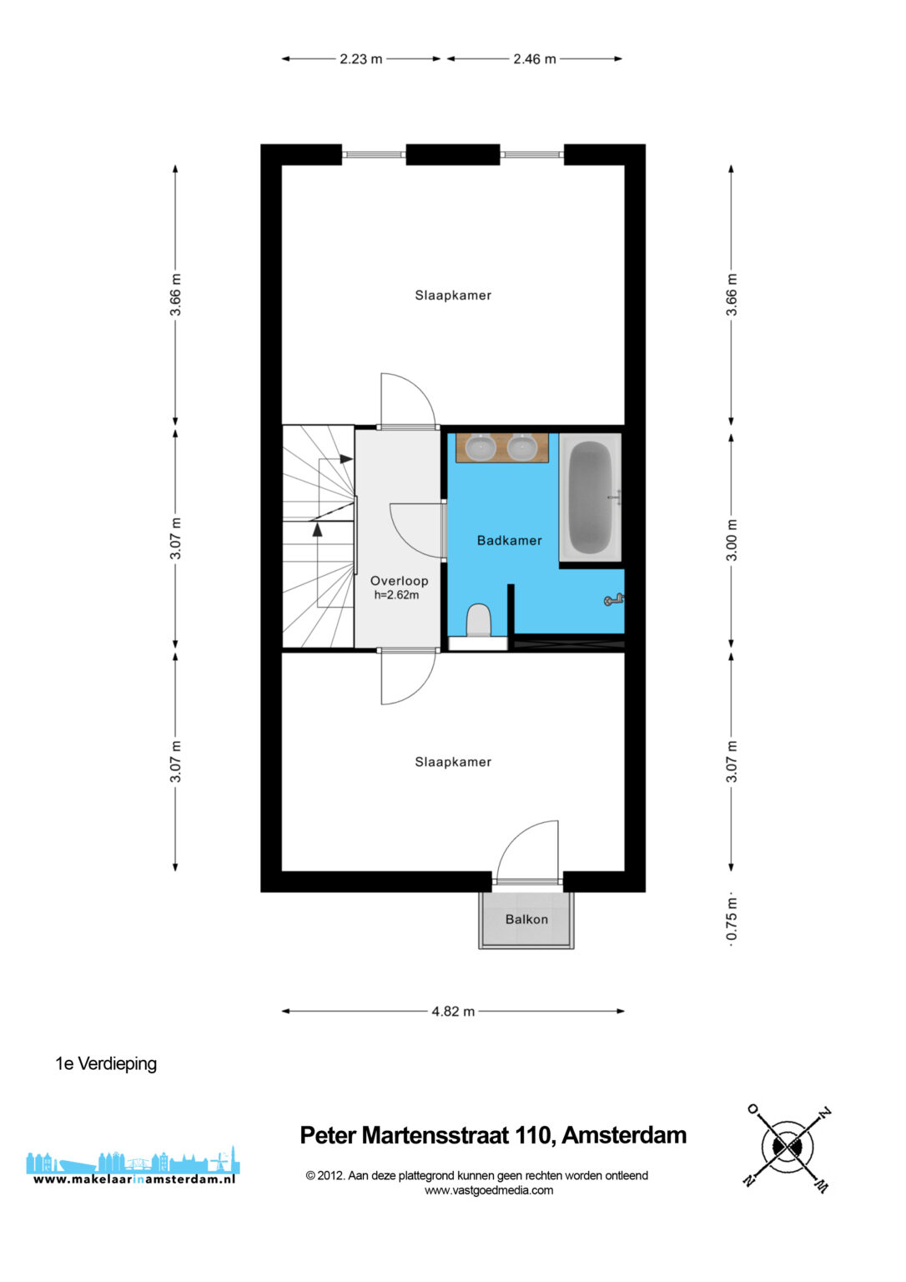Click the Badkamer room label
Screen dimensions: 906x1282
tap(509, 540)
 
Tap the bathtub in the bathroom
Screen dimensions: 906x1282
tap(590, 497)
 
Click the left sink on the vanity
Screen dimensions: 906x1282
tap(480, 447)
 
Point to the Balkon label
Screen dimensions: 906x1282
tap(526, 919)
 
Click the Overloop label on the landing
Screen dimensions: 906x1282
tap(399, 581)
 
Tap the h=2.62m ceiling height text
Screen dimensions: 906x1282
tap(396, 595)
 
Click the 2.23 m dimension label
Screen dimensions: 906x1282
tap(361, 59)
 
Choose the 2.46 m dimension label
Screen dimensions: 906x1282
tap(534, 59)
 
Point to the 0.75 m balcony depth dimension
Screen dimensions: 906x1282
tap(731, 919)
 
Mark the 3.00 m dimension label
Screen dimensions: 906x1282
tap(731, 540)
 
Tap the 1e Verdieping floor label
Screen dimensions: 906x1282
tap(106, 1064)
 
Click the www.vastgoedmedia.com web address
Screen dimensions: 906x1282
tap(489, 1190)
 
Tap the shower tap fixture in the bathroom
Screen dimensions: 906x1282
tap(614, 600)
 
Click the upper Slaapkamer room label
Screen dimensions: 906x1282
tap(453, 295)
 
